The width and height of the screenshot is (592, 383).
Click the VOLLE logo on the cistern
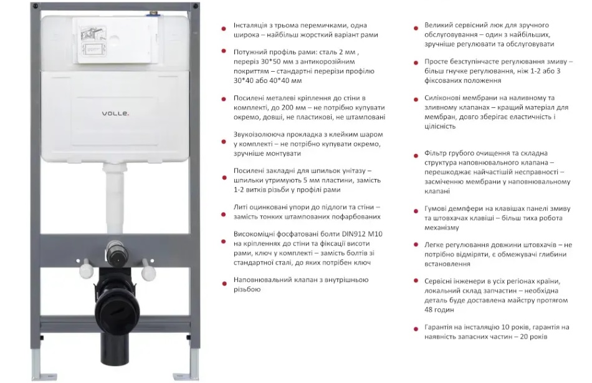click(x=115, y=114)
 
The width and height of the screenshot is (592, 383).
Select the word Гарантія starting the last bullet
click(x=437, y=327)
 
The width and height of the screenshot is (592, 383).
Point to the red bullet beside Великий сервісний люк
click(x=416, y=28)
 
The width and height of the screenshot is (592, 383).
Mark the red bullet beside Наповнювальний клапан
click(x=224, y=283)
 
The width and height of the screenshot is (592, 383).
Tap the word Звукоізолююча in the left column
click(x=256, y=135)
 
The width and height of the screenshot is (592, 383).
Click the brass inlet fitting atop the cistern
click(x=153, y=14)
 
